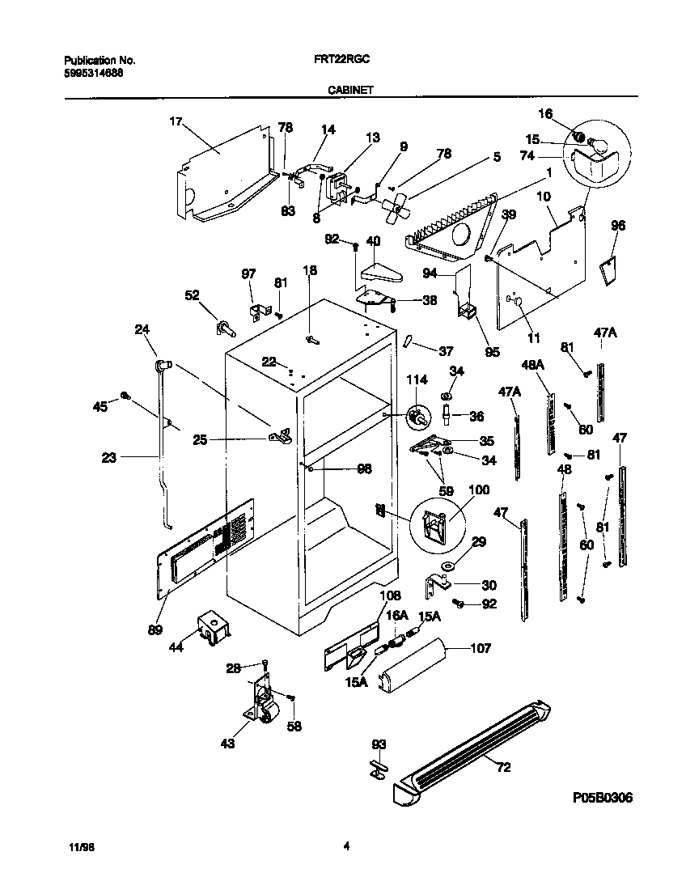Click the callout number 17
pos(176,121)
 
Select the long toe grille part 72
pos(477,748)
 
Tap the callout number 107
pos(479,648)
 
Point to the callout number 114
pos(415,381)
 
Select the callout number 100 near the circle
pos(479,490)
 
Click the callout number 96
pos(618,227)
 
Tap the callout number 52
pos(193,296)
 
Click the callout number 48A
pos(533,365)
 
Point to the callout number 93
pos(378,744)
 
